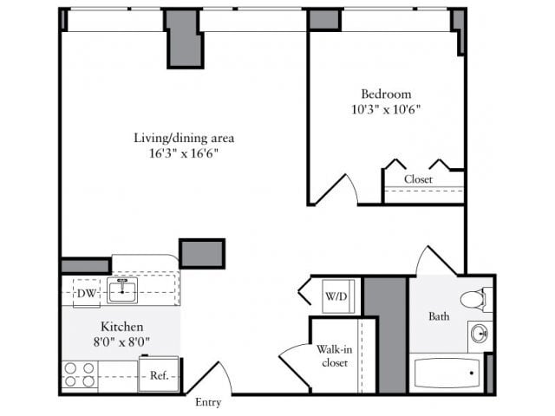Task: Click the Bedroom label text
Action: click(x=386, y=94)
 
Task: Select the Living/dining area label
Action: click(x=183, y=137)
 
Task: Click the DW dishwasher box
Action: click(x=86, y=293)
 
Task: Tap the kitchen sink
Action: click(x=122, y=291)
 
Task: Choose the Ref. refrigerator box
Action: click(x=159, y=375)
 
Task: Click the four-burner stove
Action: click(x=79, y=375)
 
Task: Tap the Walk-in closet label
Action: click(x=334, y=355)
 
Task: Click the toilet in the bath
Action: click(x=473, y=300)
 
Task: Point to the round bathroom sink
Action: click(x=479, y=334)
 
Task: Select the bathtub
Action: click(x=447, y=374)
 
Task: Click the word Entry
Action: click(x=208, y=402)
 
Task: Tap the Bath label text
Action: click(x=439, y=316)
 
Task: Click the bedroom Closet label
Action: click(x=419, y=179)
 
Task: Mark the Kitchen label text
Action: click(x=121, y=327)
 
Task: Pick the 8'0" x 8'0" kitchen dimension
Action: click(x=121, y=341)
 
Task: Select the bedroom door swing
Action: click(x=338, y=189)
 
